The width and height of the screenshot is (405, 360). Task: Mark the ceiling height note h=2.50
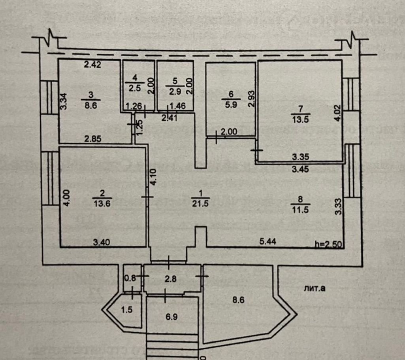(x=327, y=244)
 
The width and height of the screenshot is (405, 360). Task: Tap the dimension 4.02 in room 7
(x=337, y=113)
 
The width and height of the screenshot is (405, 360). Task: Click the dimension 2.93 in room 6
(x=250, y=99)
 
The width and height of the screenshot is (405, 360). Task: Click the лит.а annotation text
(x=315, y=288)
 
